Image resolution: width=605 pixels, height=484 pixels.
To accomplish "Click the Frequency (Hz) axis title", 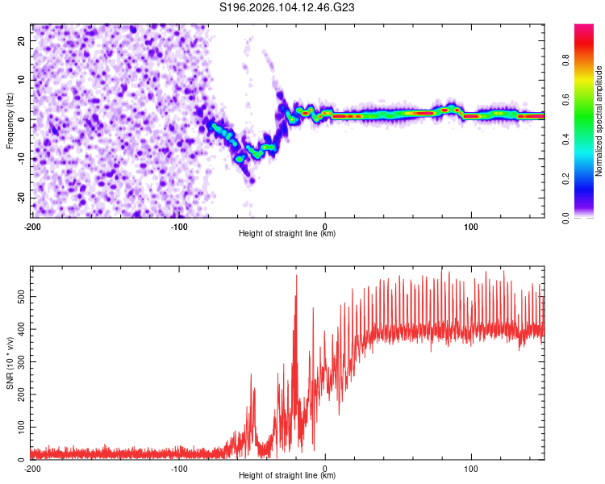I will [x=10, y=119].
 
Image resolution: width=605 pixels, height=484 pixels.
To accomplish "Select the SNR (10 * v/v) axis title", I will [x=10, y=363].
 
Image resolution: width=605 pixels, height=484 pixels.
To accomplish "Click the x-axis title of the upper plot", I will [x=287, y=233].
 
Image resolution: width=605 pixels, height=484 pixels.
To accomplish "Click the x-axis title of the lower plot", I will [x=287, y=475].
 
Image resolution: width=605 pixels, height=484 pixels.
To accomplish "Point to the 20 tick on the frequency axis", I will [x=22, y=40].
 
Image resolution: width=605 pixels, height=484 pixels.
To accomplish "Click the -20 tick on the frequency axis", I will [x=20, y=198].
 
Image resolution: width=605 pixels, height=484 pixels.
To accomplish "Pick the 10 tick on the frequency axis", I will [x=22, y=80].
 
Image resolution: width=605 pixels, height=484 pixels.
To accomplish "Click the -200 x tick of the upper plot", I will [x=32, y=226].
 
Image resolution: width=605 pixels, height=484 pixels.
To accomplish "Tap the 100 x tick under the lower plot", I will [x=471, y=468].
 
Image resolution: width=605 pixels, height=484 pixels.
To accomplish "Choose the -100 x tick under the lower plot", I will [x=178, y=468].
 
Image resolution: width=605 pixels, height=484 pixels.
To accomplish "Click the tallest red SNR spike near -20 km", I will [x=296, y=276].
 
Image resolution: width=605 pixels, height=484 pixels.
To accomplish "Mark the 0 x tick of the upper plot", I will [x=325, y=226].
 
